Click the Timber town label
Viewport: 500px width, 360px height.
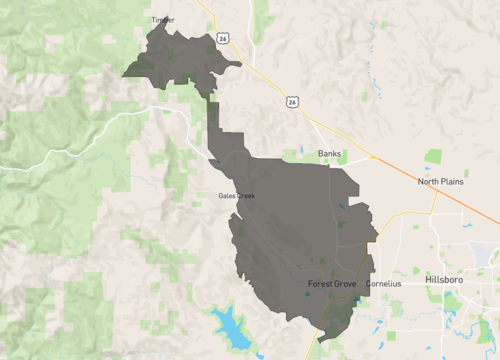162,19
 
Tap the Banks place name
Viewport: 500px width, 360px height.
329,154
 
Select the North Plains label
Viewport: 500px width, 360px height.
440,182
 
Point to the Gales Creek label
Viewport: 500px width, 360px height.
237,195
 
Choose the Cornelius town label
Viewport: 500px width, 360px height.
383,284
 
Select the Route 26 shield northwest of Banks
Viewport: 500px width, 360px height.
290,102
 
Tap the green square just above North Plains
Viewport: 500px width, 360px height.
433,156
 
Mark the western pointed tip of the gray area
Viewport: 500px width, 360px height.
123,75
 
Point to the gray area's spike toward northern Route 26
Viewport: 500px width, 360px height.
240,66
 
